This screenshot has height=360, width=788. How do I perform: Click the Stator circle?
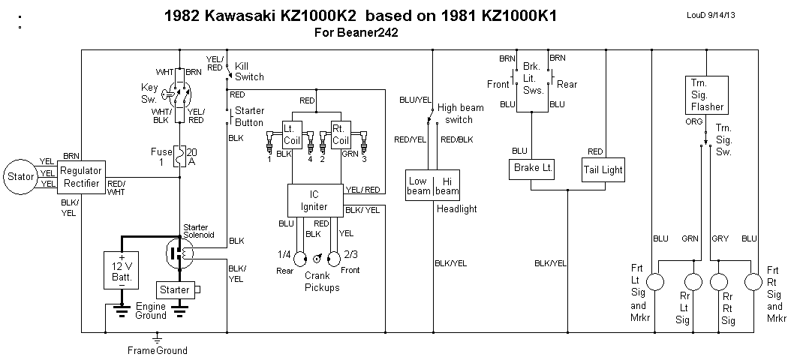pos(20,176)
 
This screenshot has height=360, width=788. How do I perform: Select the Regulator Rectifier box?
pos(80,178)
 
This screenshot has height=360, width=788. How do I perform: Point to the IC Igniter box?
pos(315,200)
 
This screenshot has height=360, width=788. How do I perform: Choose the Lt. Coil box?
pos(292,133)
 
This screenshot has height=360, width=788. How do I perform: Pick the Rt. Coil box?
pos(341,133)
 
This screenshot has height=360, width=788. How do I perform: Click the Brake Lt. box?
pos(532,169)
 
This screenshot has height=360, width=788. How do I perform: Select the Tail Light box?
pos(603,169)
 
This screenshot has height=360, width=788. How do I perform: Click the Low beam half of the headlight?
pos(418,186)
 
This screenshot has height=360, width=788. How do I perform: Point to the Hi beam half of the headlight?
pos(447,186)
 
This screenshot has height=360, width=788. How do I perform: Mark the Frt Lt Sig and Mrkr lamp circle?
pos(657,281)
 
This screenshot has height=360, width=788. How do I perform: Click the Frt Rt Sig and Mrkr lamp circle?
pos(753,281)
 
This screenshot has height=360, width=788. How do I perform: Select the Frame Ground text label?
pos(157,350)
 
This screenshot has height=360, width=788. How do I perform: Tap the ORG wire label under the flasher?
pos(694,121)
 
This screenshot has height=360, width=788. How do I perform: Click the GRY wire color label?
pos(720,238)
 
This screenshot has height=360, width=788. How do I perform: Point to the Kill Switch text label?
pos(249,71)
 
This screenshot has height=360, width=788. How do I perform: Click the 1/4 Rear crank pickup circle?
pos(300,259)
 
